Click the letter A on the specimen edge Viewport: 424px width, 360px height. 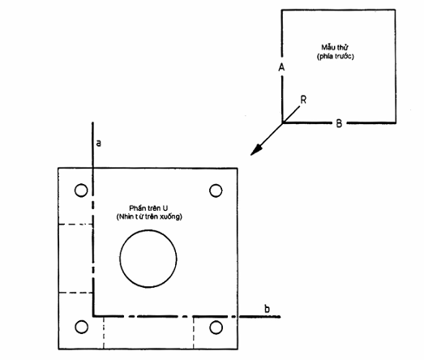[281, 67]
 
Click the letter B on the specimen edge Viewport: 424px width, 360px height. [339, 123]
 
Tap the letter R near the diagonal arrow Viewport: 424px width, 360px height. [303, 100]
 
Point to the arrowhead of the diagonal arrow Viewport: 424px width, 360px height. [256, 150]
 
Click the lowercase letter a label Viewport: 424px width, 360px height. [99, 143]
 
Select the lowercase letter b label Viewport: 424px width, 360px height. [268, 309]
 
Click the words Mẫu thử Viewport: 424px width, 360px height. [335, 47]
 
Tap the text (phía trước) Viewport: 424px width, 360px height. [336, 56]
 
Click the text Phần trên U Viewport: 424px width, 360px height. [148, 208]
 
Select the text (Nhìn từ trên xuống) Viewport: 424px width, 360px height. [149, 216]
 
